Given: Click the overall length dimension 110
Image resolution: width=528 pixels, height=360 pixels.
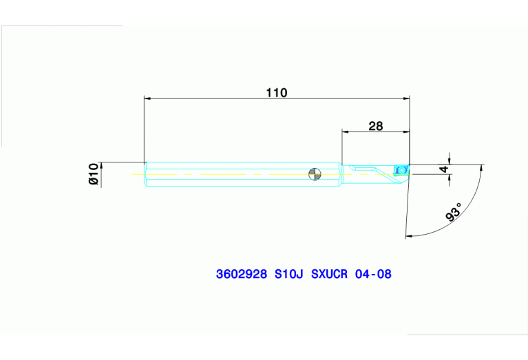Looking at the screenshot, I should [x=277, y=92].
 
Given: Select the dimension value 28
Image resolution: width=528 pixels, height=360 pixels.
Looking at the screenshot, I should [x=375, y=125].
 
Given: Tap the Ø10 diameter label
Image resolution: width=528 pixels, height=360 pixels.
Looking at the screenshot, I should [x=94, y=175].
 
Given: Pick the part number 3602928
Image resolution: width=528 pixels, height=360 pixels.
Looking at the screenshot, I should [x=241, y=274].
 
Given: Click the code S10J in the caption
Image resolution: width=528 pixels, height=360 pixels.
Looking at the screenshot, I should [x=288, y=274].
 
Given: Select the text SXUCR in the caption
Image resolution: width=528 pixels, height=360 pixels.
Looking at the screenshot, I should [x=330, y=274].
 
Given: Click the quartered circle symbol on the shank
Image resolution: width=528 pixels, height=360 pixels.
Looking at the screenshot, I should [x=314, y=174].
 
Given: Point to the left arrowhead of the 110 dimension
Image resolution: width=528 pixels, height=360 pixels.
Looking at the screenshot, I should [x=147, y=98].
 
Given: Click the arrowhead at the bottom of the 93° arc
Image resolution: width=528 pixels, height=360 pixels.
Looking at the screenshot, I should [x=411, y=236].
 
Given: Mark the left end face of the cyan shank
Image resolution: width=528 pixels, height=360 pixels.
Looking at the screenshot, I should [x=145, y=173].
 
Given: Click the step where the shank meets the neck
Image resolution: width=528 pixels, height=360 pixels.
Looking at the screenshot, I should [x=341, y=173].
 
